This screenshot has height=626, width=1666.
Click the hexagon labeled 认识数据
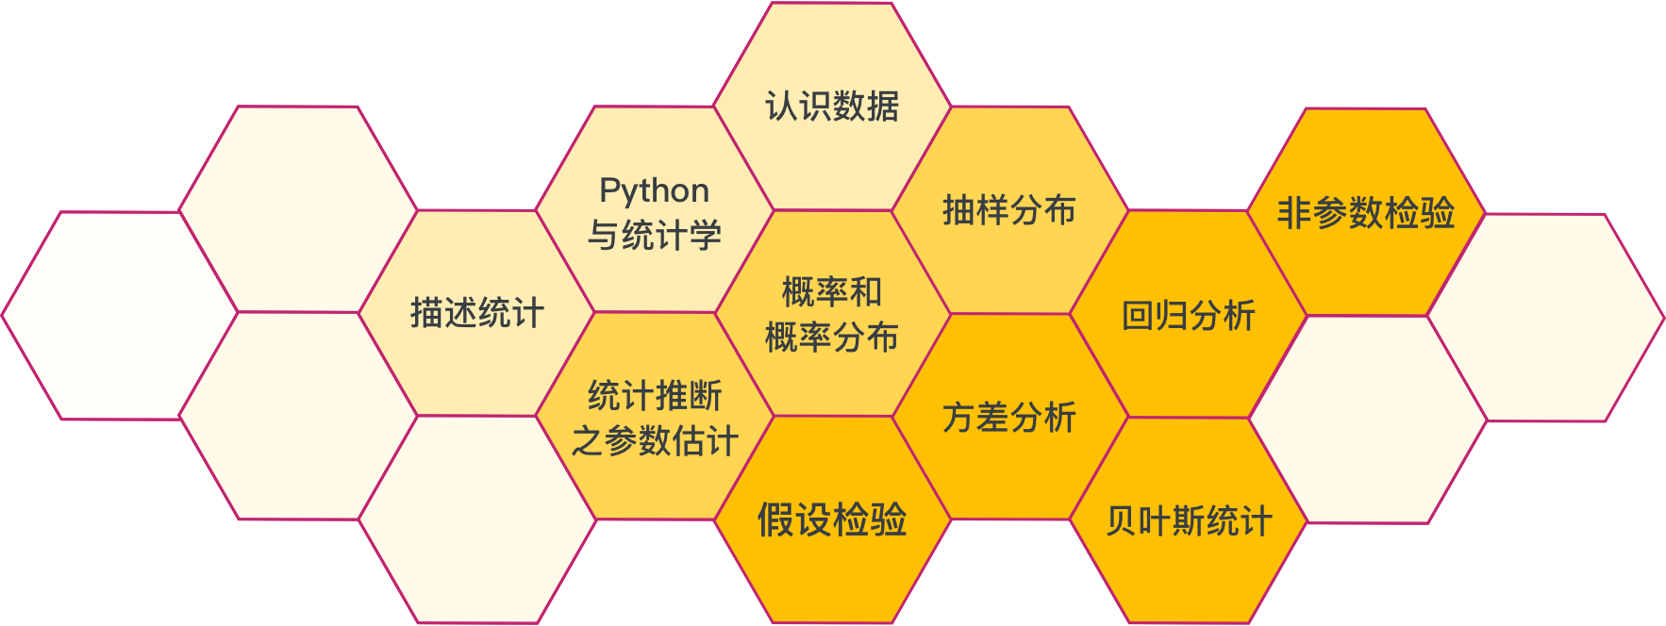pos(832,106)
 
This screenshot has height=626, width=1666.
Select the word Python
pos(655,190)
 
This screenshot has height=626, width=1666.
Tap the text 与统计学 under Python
pos(655,236)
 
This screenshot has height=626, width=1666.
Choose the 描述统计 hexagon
pos(477,313)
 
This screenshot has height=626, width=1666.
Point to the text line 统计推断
pos(655,396)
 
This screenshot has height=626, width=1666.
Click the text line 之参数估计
pos(655,441)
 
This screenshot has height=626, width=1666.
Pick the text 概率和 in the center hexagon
pos(832,292)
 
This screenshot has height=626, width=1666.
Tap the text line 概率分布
pos(832,338)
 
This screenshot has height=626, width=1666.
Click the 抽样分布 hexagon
pos(1009,210)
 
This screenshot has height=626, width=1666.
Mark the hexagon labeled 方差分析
pos(1009,418)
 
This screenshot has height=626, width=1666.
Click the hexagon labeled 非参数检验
pos(1366,213)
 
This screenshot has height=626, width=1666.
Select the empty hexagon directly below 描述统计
pos(477,519)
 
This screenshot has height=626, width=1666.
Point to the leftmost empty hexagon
pos(120,315)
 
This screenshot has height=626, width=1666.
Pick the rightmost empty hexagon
pos(1547,318)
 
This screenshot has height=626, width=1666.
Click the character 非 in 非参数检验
pos(1293,213)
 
